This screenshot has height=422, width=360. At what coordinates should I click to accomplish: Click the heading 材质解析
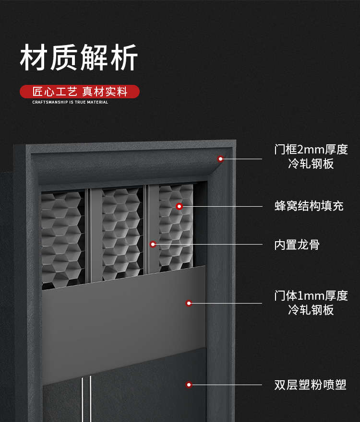click(x=79, y=58)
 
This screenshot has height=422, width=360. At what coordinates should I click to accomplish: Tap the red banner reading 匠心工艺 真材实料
click(x=80, y=92)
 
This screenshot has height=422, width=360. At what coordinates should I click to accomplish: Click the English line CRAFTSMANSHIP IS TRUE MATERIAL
click(x=70, y=102)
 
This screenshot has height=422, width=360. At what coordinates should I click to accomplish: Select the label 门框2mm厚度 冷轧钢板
click(x=311, y=157)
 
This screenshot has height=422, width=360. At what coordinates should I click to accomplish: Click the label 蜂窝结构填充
click(x=309, y=206)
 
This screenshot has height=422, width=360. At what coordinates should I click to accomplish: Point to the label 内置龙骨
click(x=297, y=245)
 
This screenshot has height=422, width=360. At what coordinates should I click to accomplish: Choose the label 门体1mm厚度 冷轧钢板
click(x=311, y=303)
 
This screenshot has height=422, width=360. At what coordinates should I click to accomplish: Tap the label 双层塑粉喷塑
click(x=310, y=385)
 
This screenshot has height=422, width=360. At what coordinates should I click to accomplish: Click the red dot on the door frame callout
click(x=220, y=159)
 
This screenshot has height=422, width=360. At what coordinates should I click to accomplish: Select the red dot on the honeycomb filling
click(x=179, y=206)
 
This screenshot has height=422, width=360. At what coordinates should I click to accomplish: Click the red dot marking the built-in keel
click(x=153, y=245)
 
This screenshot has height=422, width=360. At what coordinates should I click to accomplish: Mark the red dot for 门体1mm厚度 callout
click(x=189, y=303)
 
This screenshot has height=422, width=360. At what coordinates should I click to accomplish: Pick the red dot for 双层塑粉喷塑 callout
click(x=189, y=385)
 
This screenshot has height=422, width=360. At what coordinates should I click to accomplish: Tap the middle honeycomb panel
click(x=122, y=233)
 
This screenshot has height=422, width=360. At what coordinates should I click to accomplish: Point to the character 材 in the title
click(x=34, y=58)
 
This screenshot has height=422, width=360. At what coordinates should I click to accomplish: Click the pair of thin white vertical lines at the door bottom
click(x=86, y=399)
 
